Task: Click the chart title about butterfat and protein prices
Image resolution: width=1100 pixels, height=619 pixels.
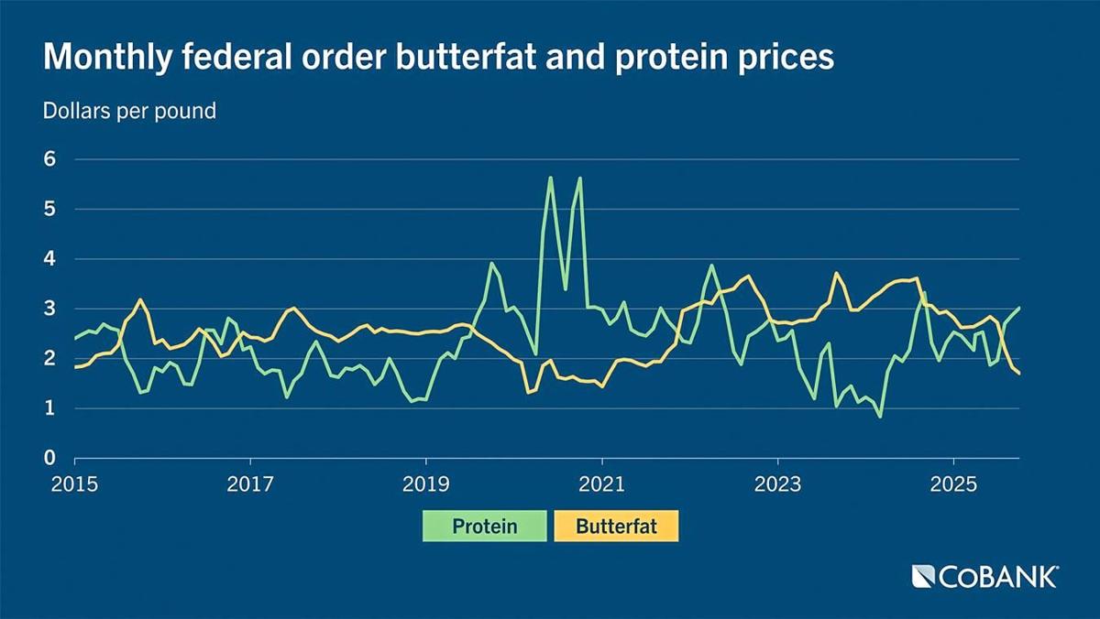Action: pos(438,58)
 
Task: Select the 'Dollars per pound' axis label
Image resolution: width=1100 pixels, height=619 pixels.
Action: pos(129,112)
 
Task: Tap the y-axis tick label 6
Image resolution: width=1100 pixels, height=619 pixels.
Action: pos(51,159)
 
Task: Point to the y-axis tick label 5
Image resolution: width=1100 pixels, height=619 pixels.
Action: pos(51,209)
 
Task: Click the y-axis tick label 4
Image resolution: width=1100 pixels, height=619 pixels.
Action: pos(51,259)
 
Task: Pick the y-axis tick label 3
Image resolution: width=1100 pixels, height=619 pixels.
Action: pos(51,309)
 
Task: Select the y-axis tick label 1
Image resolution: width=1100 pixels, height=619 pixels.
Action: pos(51,408)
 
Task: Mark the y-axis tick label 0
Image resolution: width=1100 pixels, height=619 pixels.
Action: pos(51,458)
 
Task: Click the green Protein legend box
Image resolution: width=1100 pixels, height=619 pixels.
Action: pos(484,527)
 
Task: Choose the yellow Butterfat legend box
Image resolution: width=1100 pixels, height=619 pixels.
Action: pos(616,527)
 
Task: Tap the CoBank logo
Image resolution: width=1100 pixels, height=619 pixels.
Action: pos(984,576)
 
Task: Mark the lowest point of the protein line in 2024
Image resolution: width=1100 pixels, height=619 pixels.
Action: pos(880,417)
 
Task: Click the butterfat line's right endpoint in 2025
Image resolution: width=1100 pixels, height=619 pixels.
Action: pos(1019,373)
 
